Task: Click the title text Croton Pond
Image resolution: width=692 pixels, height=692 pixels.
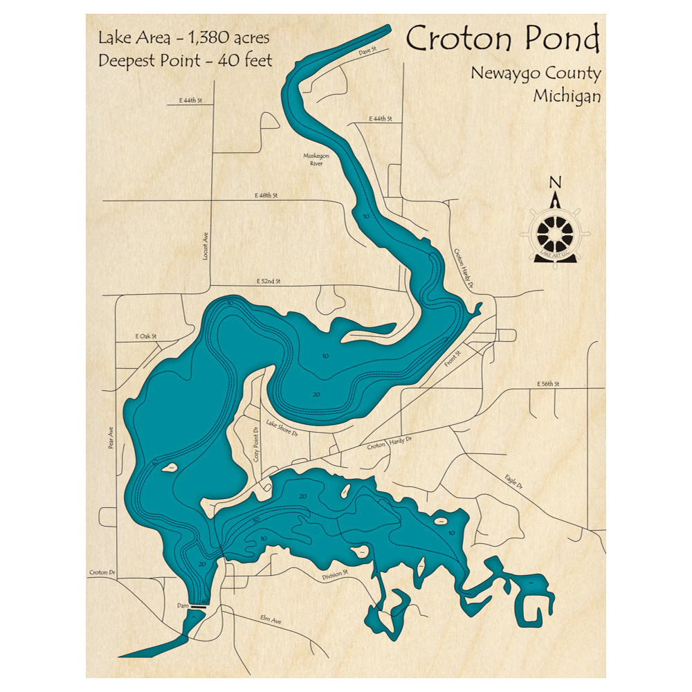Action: click(x=502, y=40)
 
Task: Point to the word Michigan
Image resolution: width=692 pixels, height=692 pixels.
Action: click(x=567, y=96)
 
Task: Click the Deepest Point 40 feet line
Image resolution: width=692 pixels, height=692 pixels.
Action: click(x=185, y=60)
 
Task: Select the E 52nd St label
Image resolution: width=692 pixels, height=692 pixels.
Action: click(x=268, y=282)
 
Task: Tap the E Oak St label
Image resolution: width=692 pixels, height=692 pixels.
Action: click(x=147, y=336)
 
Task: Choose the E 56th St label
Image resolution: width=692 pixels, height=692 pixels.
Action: click(x=547, y=383)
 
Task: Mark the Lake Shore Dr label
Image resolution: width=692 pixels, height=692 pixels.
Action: click(x=282, y=429)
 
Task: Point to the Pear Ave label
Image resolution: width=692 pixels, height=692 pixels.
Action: click(x=111, y=437)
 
